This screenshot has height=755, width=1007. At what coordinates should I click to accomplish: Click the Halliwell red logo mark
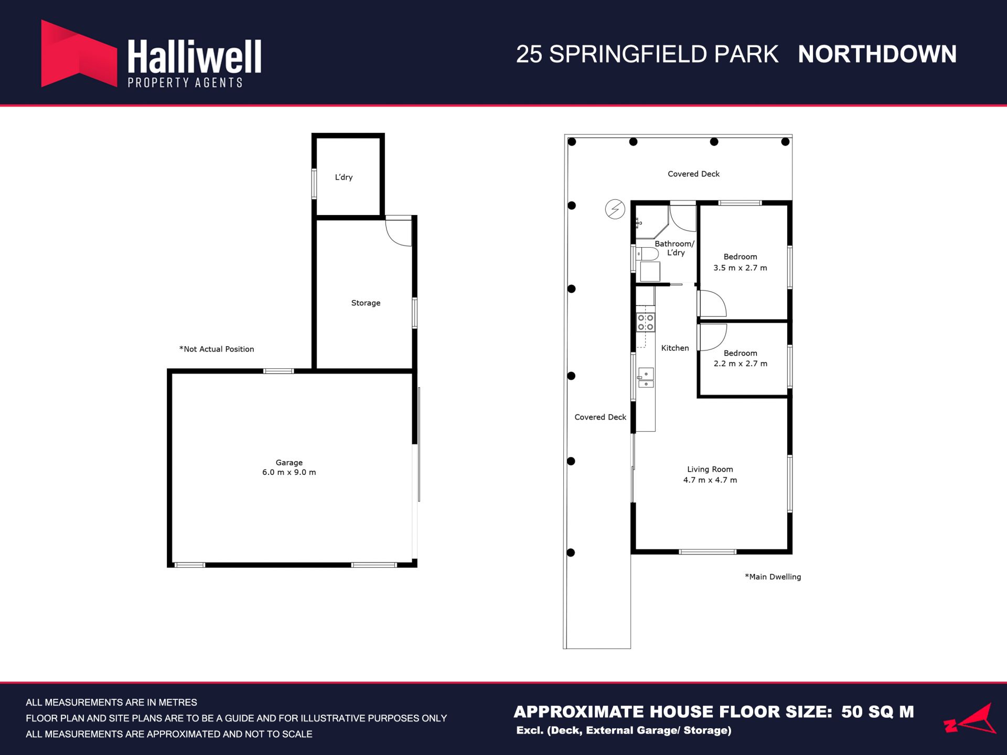point(79,54)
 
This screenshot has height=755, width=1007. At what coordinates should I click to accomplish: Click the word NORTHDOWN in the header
point(877,54)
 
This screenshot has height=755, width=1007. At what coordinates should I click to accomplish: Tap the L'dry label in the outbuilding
point(344,177)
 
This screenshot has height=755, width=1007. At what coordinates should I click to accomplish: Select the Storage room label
point(366,303)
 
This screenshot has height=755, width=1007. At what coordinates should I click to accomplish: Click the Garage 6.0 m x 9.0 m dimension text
point(289,472)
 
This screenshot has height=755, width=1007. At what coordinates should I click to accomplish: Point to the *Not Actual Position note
point(217,349)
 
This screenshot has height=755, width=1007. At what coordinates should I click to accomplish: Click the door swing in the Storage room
point(399,232)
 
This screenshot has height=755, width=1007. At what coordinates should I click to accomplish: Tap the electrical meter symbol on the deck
point(615,209)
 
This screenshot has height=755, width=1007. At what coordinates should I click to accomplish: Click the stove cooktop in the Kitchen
point(646,322)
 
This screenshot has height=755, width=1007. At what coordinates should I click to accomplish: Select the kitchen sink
point(646,377)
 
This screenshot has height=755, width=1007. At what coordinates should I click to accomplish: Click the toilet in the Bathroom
point(647,254)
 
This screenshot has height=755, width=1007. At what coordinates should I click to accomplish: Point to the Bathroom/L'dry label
point(674,248)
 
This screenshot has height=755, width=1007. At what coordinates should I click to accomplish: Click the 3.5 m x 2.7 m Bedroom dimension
point(740,268)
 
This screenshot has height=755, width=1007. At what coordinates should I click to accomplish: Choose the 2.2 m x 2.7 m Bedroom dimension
point(740,364)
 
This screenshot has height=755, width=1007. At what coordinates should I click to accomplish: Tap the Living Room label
point(710,469)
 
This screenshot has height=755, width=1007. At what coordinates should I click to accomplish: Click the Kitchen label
point(675,348)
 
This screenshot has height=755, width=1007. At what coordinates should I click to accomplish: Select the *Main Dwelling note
point(773,577)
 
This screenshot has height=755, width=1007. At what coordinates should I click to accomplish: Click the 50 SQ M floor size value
point(877,711)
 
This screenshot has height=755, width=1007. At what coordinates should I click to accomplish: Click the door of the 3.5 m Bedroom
point(712,303)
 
